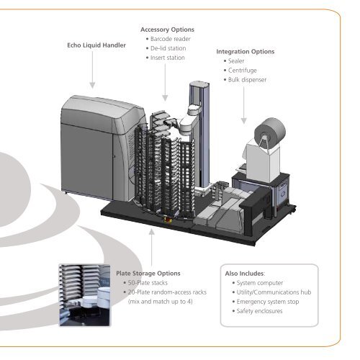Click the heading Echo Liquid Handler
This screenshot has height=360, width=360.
click(x=96, y=45)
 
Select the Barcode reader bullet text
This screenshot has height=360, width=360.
click(x=170, y=39)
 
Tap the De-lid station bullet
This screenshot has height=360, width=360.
click(x=168, y=48)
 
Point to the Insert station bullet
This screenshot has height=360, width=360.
click(x=168, y=58)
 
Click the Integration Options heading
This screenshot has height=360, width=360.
click(x=246, y=52)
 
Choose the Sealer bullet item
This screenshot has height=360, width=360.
click(x=236, y=61)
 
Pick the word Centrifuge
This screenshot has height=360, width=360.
click(x=242, y=71)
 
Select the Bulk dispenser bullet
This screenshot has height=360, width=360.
click(x=247, y=80)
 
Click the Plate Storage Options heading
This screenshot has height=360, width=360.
click(x=148, y=274)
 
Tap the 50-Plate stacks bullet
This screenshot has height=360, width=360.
click(x=148, y=283)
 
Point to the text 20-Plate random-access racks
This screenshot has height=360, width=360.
click(x=167, y=292)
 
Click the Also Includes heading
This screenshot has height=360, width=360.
click(x=245, y=274)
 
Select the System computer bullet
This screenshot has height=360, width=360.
click(x=260, y=283)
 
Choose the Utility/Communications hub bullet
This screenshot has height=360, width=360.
click(x=274, y=292)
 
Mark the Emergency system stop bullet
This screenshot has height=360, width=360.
click(x=268, y=302)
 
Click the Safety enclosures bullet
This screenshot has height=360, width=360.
click(x=259, y=311)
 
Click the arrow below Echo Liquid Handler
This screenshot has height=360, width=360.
click(x=92, y=70)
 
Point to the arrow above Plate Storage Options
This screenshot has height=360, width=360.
click(x=152, y=247)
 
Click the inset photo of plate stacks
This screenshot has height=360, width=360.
click(x=85, y=295)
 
